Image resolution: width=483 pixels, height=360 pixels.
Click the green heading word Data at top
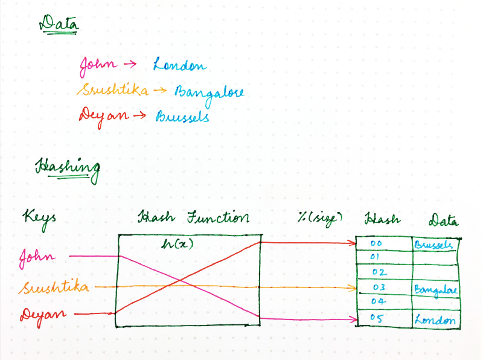click(x=59, y=24)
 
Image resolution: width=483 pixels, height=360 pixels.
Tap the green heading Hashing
click(x=68, y=167)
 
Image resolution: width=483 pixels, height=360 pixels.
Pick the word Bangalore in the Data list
click(x=209, y=92)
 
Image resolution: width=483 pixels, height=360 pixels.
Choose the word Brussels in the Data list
click(x=182, y=116)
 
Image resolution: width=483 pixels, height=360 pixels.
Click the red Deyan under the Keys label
click(x=44, y=315)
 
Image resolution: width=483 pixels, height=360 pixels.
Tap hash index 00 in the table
click(x=376, y=244)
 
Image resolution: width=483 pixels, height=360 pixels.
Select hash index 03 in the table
click(x=379, y=287)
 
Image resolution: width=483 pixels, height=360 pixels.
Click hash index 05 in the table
click(x=377, y=318)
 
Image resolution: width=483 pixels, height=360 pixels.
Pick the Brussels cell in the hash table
click(x=433, y=245)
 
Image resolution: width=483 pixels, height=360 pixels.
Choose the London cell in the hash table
click(x=435, y=319)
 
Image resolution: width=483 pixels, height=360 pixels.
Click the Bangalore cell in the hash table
click(x=435, y=290)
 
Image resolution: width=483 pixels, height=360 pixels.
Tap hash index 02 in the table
click(x=379, y=272)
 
